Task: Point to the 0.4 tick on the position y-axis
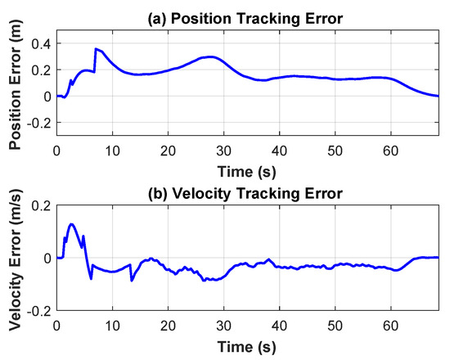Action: point(41,43)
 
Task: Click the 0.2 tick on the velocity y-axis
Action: point(41,205)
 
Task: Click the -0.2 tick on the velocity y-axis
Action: point(38,312)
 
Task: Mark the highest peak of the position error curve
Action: point(96,49)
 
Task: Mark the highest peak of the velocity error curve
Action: point(72,223)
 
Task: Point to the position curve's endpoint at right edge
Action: point(438,96)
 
